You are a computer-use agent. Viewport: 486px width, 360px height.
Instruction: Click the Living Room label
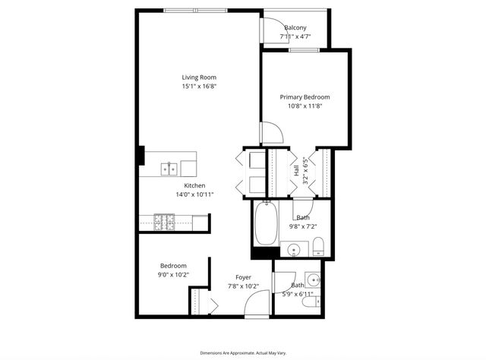(x=199, y=77)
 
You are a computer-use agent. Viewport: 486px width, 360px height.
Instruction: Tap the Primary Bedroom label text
(x=305, y=97)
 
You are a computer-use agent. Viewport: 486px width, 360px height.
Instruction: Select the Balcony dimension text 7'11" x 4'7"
(x=295, y=36)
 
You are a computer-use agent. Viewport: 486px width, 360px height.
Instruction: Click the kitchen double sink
(x=168, y=169)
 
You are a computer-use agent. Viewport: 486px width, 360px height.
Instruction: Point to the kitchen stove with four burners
(x=164, y=222)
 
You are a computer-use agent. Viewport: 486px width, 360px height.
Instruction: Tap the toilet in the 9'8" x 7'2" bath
(x=319, y=246)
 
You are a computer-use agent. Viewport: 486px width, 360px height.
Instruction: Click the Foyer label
(x=244, y=277)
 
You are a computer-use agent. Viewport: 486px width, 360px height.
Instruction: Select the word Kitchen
(x=194, y=185)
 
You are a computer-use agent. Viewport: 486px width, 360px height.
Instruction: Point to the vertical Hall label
(x=296, y=172)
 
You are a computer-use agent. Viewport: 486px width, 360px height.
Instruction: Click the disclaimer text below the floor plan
(x=243, y=353)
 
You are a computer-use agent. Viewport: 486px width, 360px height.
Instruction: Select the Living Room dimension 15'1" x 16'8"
(x=199, y=87)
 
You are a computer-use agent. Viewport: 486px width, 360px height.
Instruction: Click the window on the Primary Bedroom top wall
(x=303, y=51)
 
